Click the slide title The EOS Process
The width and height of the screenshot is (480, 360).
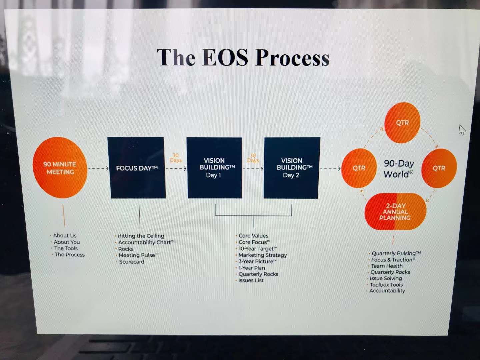[243, 57]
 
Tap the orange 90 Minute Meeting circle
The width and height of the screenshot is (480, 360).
[60, 168]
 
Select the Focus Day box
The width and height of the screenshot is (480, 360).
[137, 168]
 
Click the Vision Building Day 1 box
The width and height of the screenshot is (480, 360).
[214, 168]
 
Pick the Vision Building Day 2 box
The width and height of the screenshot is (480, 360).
[292, 168]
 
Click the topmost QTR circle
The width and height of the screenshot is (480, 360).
[402, 123]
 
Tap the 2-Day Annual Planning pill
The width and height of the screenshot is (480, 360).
[395, 212]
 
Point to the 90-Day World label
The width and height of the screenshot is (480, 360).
[399, 169]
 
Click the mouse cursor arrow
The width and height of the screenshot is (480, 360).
[462, 130]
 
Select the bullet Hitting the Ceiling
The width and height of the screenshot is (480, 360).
[141, 236]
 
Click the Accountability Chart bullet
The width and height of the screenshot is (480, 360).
[146, 242]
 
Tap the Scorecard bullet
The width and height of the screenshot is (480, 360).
[132, 262]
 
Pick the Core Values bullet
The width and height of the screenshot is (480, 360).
[253, 236]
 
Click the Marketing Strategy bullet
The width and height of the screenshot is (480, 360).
[263, 255]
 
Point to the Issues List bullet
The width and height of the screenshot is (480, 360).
[251, 280]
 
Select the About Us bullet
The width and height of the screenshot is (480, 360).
[65, 235]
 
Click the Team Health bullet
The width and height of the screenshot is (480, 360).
[387, 266]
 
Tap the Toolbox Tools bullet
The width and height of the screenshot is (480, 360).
[386, 285]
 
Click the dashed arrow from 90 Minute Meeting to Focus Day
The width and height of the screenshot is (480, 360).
[98, 168]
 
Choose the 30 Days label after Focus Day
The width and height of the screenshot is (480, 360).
[176, 158]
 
